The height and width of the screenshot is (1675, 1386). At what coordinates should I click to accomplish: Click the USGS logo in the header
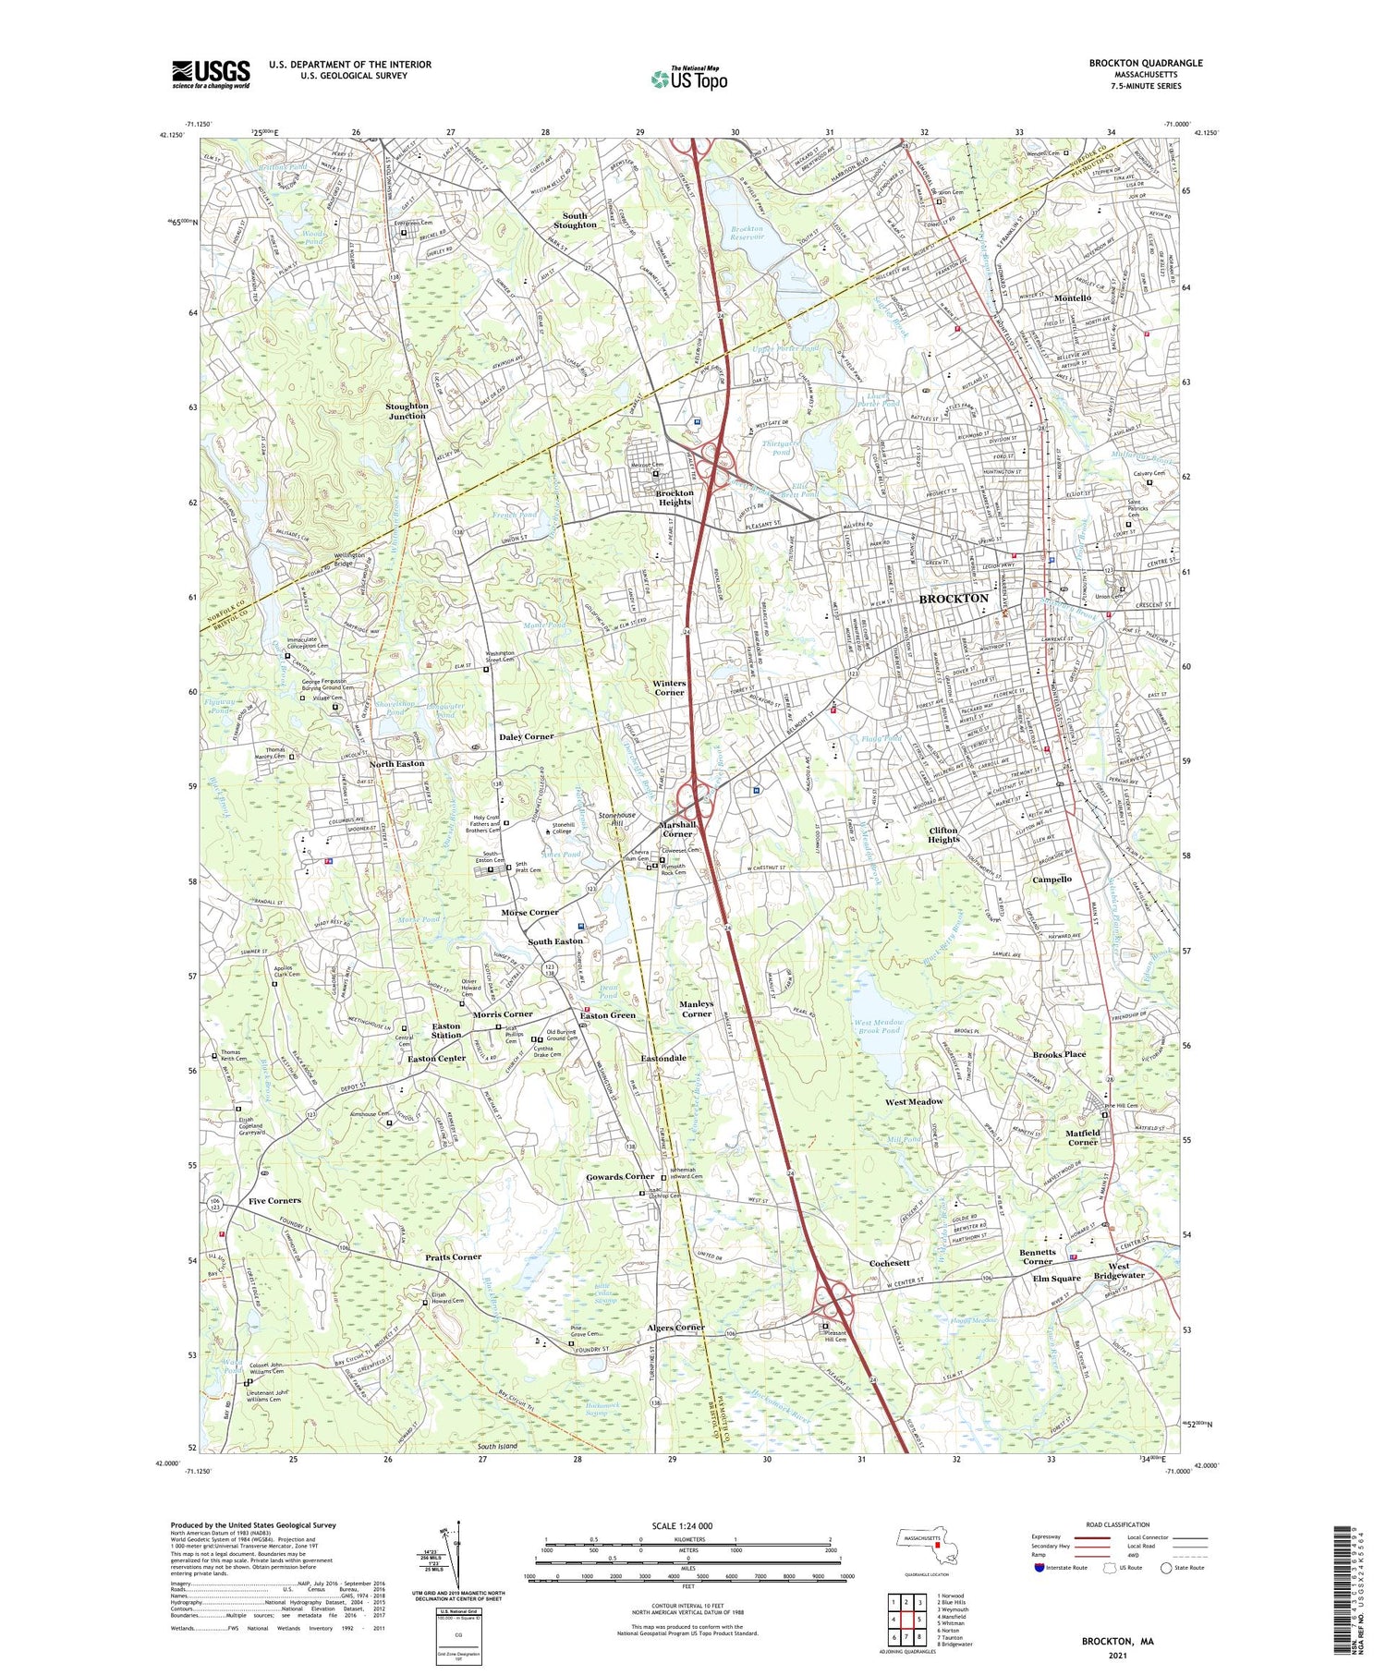pos(211,74)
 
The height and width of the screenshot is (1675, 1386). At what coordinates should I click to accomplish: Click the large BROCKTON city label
pos(954,599)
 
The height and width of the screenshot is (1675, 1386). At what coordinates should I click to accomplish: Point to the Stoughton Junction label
pos(407,410)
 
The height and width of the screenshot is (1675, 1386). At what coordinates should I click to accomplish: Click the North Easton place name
pos(397,764)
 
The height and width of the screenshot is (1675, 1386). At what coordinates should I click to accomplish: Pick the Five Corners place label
pos(274,1200)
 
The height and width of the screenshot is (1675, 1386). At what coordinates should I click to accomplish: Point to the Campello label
pos(1052,880)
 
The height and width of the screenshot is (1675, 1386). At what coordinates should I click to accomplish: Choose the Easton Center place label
pos(437,1058)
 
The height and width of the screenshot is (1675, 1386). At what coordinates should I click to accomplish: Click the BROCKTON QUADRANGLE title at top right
pos(1145,63)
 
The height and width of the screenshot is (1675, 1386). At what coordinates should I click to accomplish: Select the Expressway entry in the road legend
pos(1050,1537)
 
